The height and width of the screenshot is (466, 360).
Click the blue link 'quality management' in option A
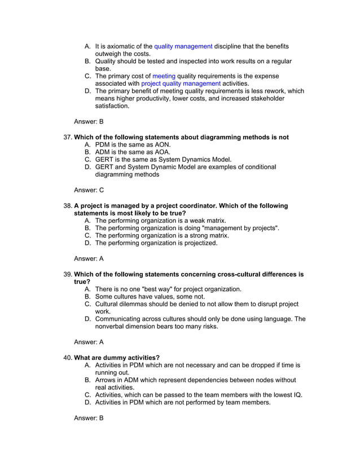(183, 46)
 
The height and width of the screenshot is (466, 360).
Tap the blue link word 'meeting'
(164, 76)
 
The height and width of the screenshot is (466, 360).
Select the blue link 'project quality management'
(181, 83)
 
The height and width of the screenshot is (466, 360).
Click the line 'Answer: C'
(89, 190)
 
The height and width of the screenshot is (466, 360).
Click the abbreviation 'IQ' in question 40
(296, 395)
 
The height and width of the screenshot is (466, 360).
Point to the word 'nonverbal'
(112, 326)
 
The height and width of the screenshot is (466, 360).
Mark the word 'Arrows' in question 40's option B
(107, 380)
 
